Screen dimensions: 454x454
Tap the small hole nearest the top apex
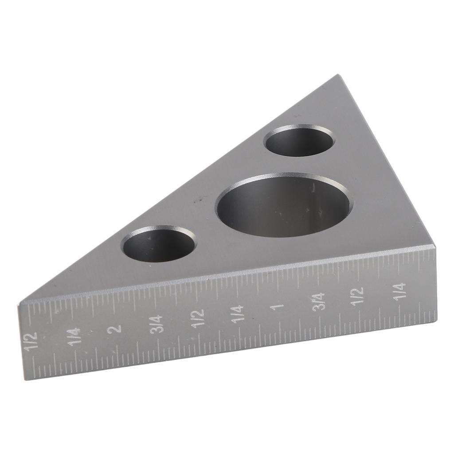point(299,141)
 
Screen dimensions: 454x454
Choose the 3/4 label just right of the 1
point(319,301)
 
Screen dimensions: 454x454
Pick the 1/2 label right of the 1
point(358,296)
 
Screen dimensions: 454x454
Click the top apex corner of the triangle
point(338,75)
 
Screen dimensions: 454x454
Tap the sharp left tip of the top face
point(20,304)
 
